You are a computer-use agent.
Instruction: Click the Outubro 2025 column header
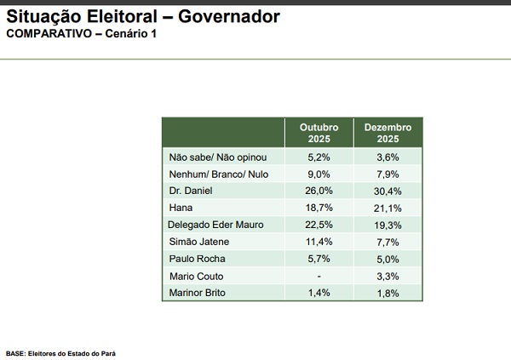(x=319, y=132)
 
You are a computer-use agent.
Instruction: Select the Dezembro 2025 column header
(x=388, y=132)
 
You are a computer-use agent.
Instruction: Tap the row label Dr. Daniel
(x=193, y=190)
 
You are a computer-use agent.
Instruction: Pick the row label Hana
(x=181, y=207)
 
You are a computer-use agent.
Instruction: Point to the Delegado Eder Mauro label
(x=216, y=225)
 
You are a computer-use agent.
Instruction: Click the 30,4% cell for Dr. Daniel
(x=388, y=190)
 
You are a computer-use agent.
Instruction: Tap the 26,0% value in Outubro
(x=319, y=190)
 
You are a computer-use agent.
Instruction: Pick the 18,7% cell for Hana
(x=319, y=207)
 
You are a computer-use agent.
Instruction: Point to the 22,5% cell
(x=319, y=225)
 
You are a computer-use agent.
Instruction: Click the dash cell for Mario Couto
(x=319, y=277)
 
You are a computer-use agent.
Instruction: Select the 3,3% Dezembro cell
(x=388, y=277)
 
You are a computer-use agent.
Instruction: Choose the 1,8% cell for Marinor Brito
(x=388, y=294)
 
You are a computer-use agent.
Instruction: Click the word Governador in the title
(x=227, y=16)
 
